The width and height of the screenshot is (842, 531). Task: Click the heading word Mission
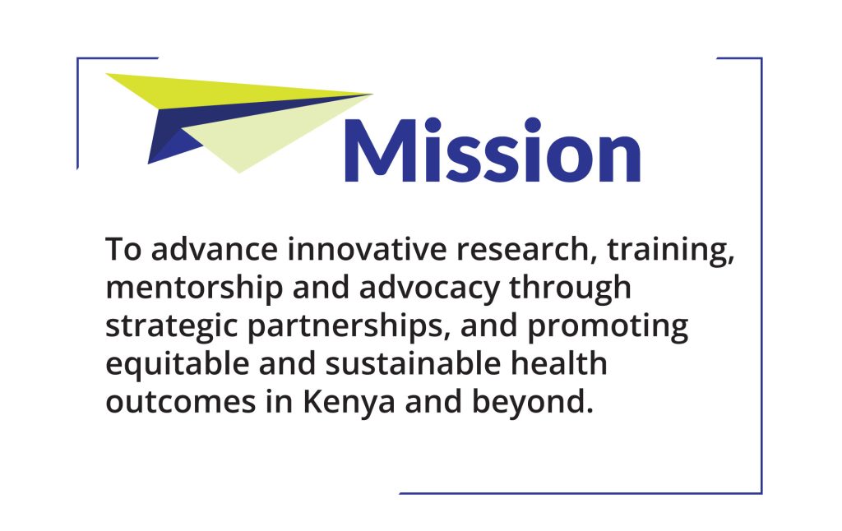[x=493, y=150]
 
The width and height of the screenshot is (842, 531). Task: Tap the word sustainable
[x=413, y=363]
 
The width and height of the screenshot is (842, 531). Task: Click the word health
[x=559, y=363]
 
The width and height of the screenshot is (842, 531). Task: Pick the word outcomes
[x=180, y=403]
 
